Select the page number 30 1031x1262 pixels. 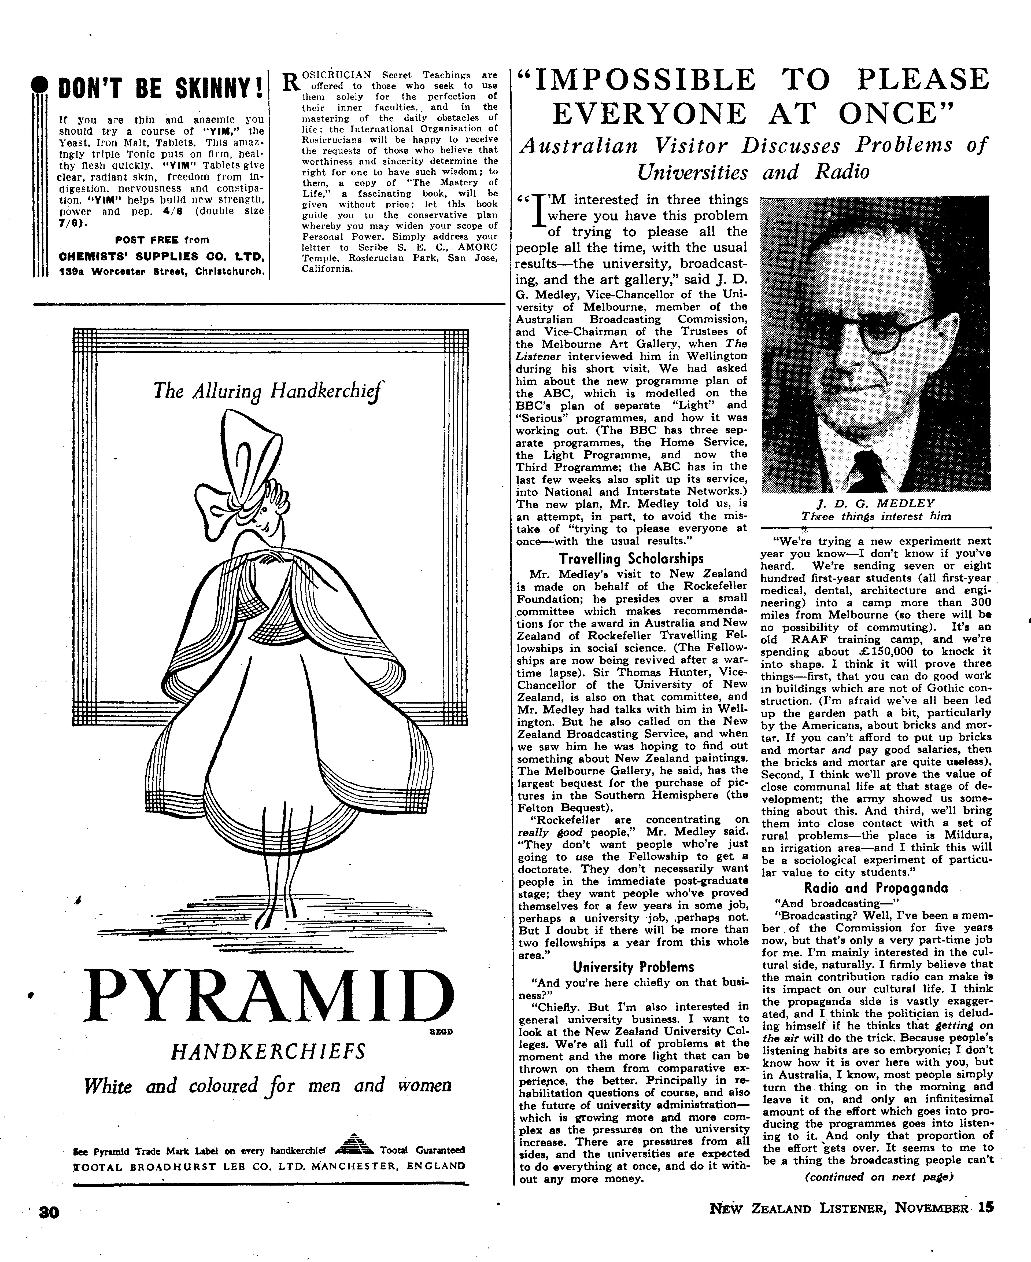pos(49,1229)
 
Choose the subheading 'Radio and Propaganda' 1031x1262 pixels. pos(876,888)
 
